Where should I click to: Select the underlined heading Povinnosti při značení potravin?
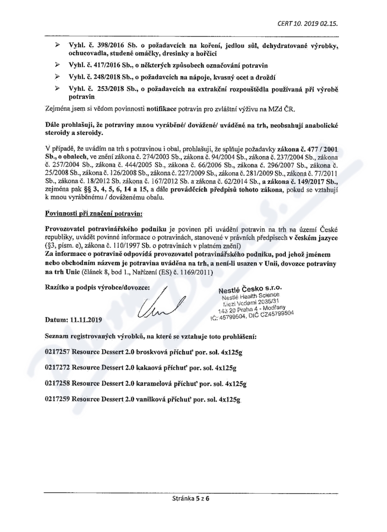point(90,212)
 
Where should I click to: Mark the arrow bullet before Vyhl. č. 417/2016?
point(57,64)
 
